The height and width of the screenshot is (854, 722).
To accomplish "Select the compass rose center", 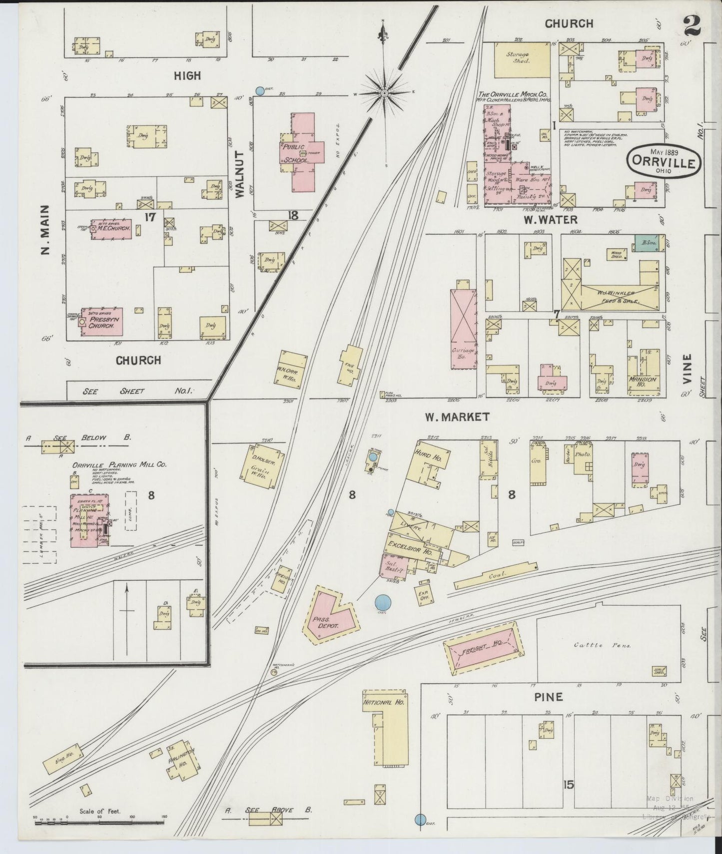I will (x=385, y=93).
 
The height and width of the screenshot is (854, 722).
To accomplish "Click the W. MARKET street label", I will (x=457, y=417).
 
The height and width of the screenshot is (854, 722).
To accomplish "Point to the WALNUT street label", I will (x=239, y=174).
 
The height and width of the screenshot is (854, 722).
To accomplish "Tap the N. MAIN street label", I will (x=45, y=229).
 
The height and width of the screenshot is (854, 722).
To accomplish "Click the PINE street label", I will (x=549, y=697).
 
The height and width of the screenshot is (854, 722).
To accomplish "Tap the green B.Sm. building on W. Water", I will (x=647, y=243).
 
